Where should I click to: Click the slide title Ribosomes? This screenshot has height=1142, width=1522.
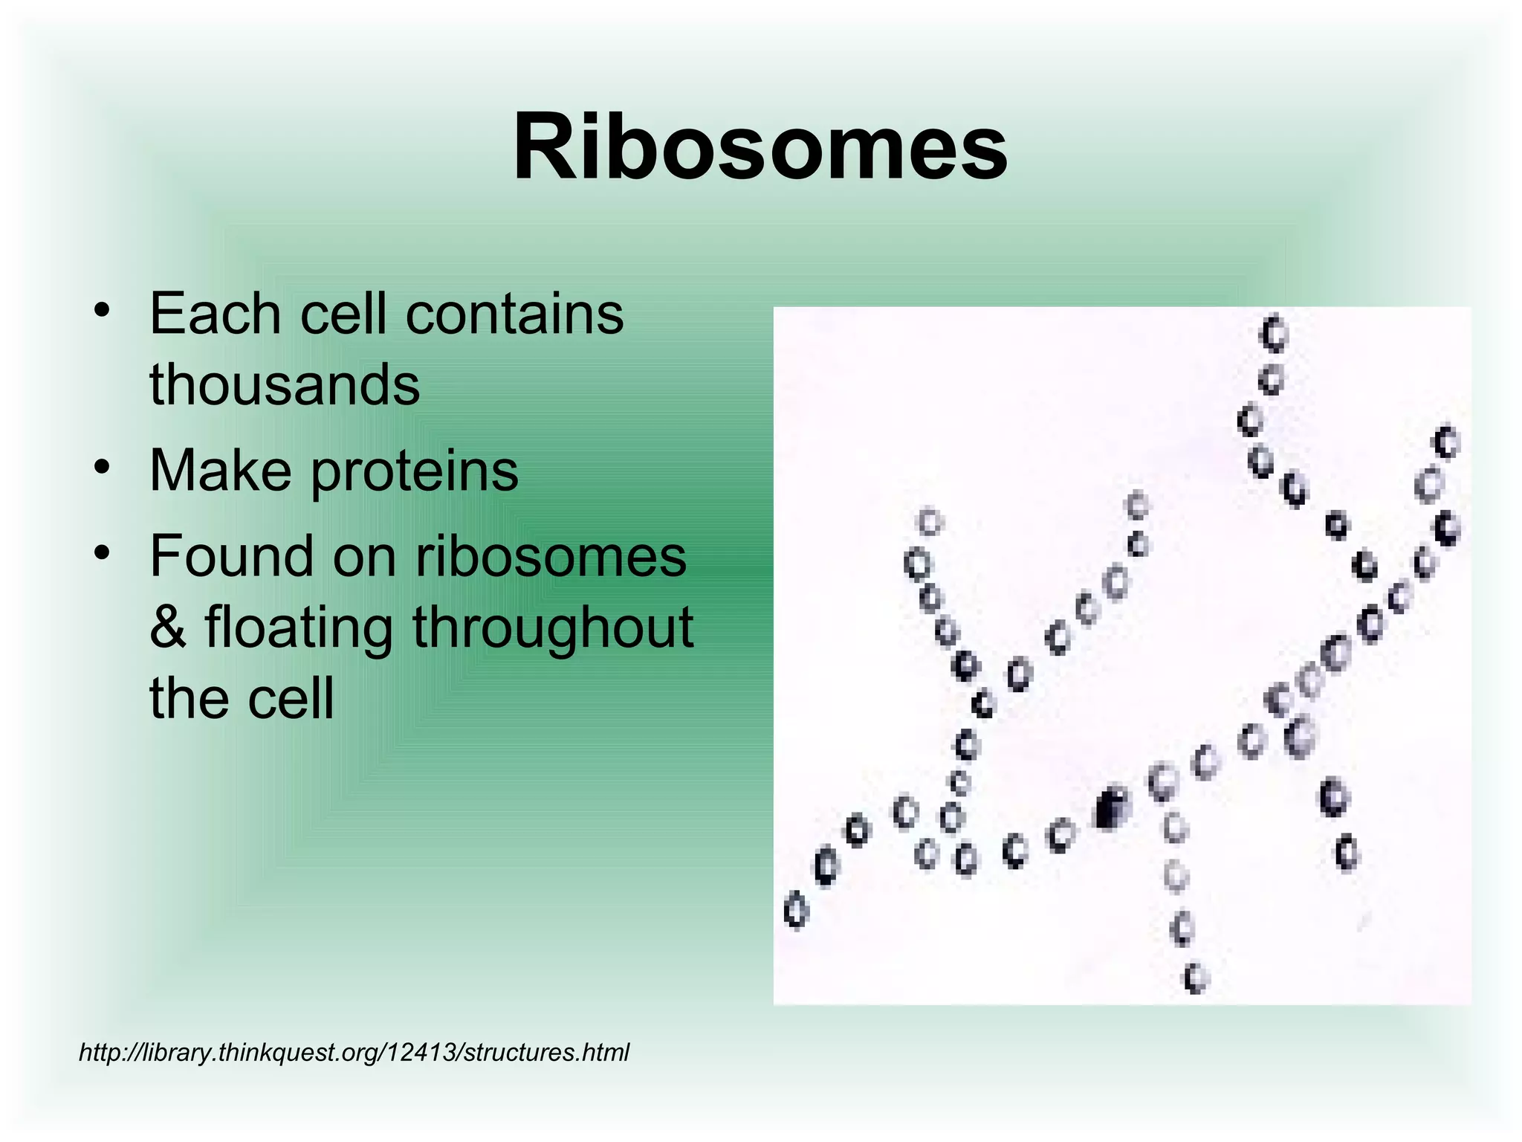click(760, 146)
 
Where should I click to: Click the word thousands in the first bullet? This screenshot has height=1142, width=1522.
click(285, 385)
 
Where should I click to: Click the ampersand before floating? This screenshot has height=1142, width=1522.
click(168, 627)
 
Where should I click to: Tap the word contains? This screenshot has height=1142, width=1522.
click(514, 314)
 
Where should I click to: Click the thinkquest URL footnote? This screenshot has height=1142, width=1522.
click(354, 1052)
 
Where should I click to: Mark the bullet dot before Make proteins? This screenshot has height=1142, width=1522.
click(103, 468)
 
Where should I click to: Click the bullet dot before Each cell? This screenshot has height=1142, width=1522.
click(103, 309)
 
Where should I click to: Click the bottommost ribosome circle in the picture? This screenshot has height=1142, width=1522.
click(1196, 977)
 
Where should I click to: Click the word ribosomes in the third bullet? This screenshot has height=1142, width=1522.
click(551, 556)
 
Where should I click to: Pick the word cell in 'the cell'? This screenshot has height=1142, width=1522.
click(291, 699)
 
